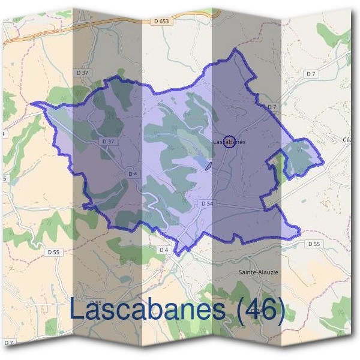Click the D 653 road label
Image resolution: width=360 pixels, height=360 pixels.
[161, 21]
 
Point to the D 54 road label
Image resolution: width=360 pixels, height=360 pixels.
[207, 204]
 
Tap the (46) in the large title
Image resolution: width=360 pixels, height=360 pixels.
[259, 310]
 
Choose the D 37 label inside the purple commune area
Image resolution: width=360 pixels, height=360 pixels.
[108, 142]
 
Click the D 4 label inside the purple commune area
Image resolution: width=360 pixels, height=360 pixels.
[133, 174]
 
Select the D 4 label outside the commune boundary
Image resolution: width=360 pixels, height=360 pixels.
[163, 249]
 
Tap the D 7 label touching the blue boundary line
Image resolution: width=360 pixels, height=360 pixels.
[271, 107]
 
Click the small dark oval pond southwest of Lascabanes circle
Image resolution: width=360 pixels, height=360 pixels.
[208, 166]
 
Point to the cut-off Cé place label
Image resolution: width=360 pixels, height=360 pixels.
[346, 140]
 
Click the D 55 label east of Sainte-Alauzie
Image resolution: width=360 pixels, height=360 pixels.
[314, 244]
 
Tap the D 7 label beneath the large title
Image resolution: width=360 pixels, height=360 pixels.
[9, 343]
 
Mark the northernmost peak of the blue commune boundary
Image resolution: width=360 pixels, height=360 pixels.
[235, 50]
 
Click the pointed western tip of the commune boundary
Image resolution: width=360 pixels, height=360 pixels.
[32, 103]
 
